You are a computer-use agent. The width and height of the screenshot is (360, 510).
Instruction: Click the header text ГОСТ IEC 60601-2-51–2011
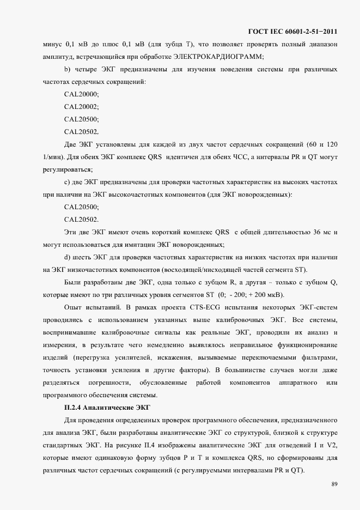pos(292,31)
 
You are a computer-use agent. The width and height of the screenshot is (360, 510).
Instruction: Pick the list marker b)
pos(68,70)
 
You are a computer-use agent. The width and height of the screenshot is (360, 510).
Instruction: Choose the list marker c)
pos(68,182)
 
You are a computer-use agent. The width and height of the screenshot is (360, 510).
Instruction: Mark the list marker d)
pos(68,257)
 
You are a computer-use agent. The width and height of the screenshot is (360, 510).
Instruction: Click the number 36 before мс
pos(310,232)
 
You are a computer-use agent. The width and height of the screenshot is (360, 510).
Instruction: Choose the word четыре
pos(89,70)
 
